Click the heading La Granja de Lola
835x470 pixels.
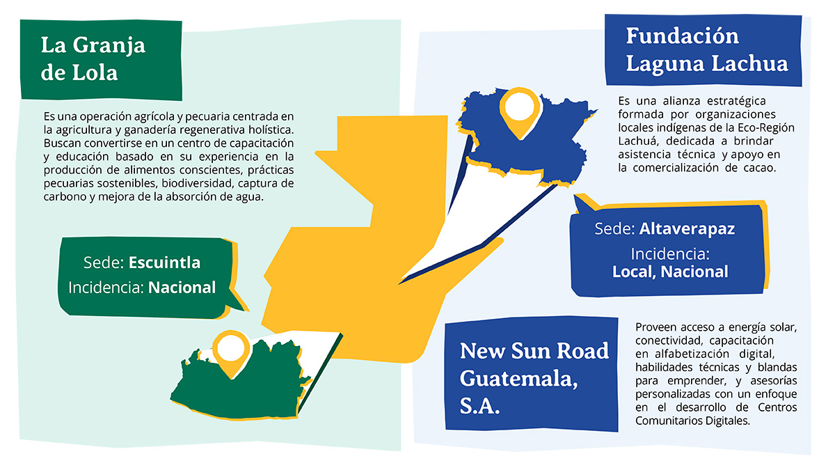93,58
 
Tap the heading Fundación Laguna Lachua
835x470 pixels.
706,49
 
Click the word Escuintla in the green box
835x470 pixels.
164,263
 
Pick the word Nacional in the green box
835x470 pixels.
182,287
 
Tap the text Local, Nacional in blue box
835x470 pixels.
670,271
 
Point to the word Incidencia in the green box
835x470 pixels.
105,287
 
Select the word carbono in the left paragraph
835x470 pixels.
65,197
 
